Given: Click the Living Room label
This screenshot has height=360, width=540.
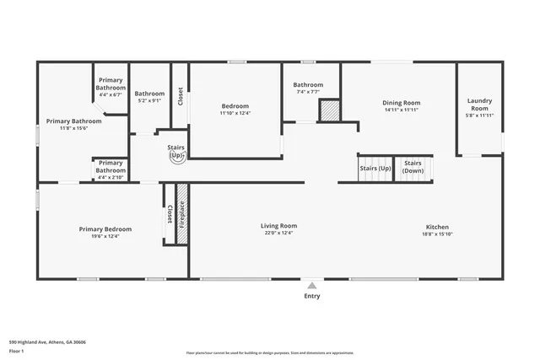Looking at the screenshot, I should [278, 225].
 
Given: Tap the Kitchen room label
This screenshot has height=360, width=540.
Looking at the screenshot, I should [436, 226].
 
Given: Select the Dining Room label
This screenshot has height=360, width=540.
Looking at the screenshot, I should [402, 103].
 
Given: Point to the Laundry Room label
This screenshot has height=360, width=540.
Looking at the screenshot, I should [479, 105].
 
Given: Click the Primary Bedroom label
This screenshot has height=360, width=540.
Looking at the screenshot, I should [105, 228].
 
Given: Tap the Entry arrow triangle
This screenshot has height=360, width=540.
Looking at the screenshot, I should [312, 285].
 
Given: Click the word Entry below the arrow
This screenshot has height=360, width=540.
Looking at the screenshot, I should [312, 296].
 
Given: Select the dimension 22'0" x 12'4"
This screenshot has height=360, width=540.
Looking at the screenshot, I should [278, 234].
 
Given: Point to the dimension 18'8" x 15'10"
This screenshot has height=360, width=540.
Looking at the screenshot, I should [436, 234].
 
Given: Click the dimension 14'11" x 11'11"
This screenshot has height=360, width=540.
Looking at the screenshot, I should [402, 110].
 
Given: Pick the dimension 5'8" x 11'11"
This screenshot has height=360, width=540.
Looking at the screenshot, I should [479, 116].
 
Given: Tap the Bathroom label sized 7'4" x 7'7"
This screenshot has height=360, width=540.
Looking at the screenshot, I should [308, 84].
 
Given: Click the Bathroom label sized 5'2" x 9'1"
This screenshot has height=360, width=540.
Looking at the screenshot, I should [150, 94].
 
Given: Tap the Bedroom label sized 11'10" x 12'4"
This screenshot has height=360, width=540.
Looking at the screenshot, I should [235, 105].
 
